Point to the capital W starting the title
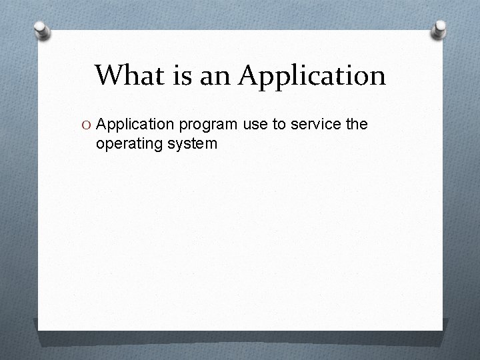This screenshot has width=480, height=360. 108,75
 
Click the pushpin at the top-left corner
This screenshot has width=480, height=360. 43,29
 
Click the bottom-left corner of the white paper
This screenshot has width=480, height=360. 39,329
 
